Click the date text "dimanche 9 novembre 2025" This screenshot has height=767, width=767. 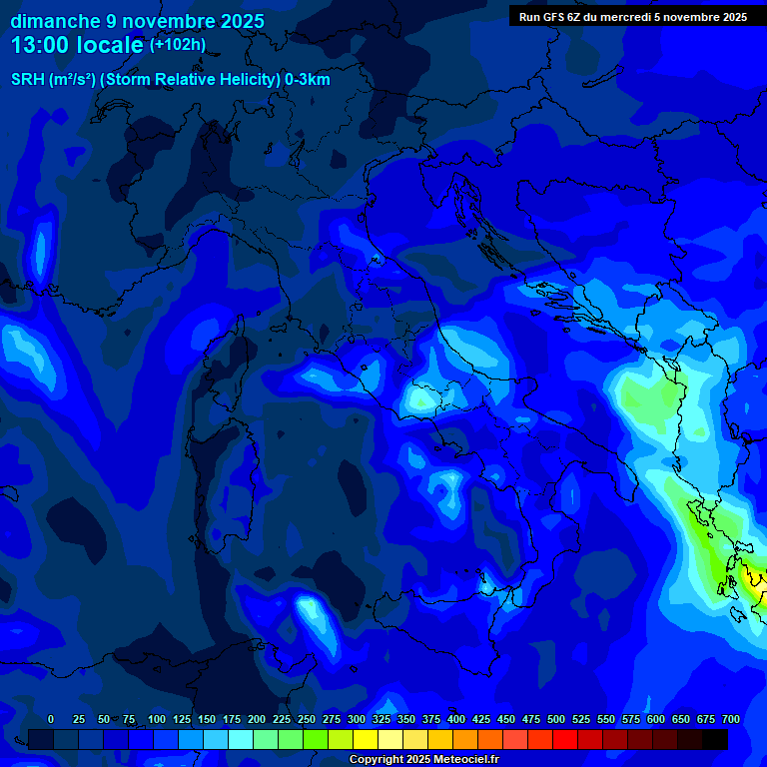(137, 21)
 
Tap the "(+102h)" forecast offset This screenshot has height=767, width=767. (177, 45)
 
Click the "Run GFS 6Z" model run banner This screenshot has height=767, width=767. (632, 17)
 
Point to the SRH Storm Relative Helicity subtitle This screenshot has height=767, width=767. (170, 80)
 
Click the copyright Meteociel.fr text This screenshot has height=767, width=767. (423, 760)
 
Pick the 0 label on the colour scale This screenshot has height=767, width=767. (51, 719)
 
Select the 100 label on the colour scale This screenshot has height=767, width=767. (157, 719)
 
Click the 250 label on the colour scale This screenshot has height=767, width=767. (307, 719)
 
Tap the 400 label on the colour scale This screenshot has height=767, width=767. (456, 719)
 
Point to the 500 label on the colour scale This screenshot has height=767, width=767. (556, 719)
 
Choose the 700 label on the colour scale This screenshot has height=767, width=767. (731, 719)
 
